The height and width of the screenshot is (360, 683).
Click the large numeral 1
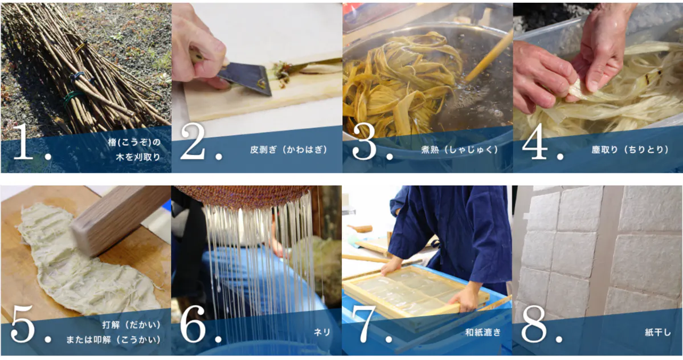(23, 141)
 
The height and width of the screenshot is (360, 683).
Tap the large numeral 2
(193, 141)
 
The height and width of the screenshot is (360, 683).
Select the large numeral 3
(363, 141)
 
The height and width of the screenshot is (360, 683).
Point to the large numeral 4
(535, 141)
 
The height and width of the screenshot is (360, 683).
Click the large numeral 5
(23, 324)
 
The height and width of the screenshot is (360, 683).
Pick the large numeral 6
(193, 324)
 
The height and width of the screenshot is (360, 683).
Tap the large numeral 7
(363, 324)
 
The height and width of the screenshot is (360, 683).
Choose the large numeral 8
(534, 324)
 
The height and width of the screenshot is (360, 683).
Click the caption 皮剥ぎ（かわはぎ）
(289, 150)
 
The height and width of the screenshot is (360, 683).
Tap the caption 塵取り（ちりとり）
(630, 150)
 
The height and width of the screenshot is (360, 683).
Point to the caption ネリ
(322, 332)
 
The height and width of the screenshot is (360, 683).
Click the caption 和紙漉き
(483, 332)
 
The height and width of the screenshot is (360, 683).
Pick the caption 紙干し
(658, 332)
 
